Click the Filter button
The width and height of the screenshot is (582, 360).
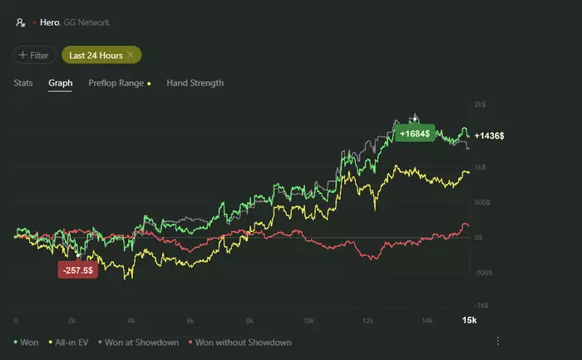point(34,55)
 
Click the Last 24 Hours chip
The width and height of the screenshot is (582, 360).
point(96,55)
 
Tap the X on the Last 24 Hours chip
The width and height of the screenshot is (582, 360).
point(131,55)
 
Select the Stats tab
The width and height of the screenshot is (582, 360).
point(23,83)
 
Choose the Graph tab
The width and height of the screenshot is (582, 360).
point(60,83)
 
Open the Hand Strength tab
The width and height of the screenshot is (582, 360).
point(195,83)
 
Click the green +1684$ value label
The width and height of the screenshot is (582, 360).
point(414,133)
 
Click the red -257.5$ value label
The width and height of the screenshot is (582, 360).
point(77,270)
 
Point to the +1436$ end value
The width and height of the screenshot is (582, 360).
point(489,135)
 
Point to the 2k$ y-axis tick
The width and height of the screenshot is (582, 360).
point(480,105)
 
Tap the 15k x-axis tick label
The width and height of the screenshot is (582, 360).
point(469,320)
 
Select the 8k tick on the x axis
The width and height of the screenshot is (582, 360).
point(249,320)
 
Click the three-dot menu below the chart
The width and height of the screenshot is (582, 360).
point(498,341)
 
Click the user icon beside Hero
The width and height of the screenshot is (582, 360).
point(20,22)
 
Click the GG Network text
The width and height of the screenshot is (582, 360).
point(86,22)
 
